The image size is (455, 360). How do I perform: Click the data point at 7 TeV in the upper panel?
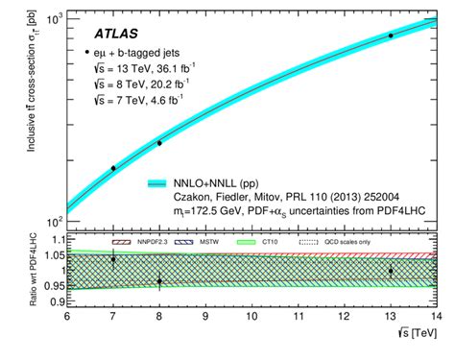tap(113, 168)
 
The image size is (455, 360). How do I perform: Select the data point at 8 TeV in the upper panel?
tap(159, 143)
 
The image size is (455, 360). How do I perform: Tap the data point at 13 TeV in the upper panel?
tap(390, 36)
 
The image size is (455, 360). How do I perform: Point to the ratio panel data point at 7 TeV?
tap(113, 259)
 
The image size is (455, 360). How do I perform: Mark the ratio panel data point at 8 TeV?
tap(159, 280)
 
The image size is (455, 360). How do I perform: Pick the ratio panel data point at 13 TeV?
tap(390, 271)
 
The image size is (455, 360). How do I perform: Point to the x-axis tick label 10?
tap(251, 315)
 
